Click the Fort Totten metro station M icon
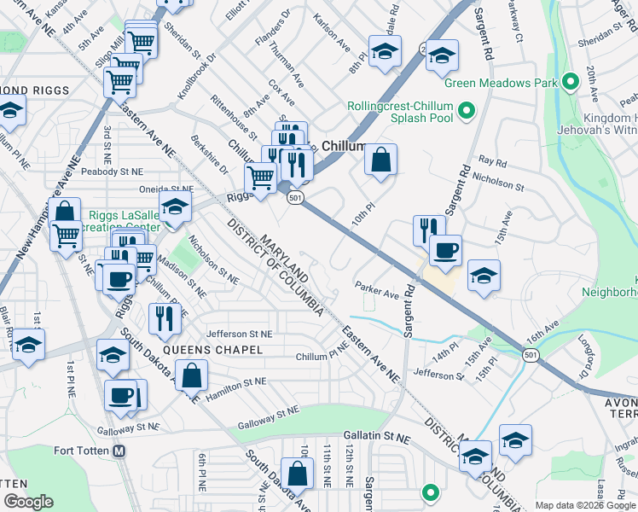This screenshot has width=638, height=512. [x=119, y=451]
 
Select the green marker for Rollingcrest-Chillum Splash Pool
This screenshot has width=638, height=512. [x=467, y=111]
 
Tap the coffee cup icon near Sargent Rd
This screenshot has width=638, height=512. [x=444, y=251]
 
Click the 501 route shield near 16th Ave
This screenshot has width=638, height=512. [x=531, y=355]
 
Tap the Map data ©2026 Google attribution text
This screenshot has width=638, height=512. [x=584, y=505]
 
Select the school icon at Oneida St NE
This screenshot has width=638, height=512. [x=175, y=207]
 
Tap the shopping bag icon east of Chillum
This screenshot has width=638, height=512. [x=381, y=158]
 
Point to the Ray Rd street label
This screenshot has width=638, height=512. [x=493, y=160]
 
